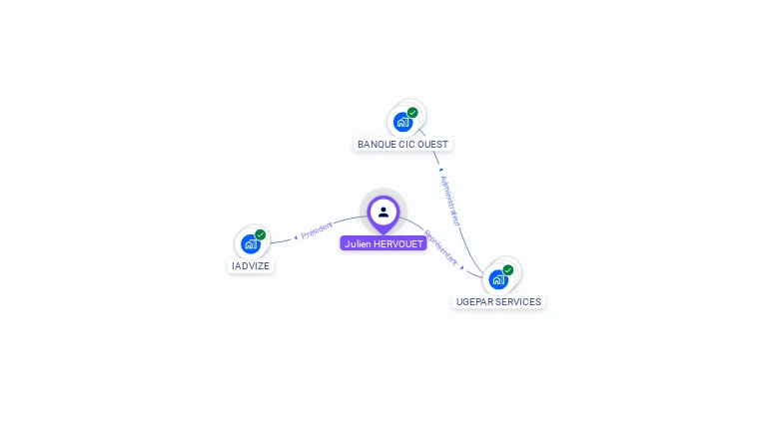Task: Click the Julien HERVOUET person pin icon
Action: pyautogui.click(x=383, y=212)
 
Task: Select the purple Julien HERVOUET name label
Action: pyautogui.click(x=383, y=243)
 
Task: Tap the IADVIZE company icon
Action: pyautogui.click(x=250, y=242)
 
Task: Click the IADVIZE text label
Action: pyautogui.click(x=251, y=266)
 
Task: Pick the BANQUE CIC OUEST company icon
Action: pyautogui.click(x=402, y=121)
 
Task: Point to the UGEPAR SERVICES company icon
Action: pyautogui.click(x=497, y=278)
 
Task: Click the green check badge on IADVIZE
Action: pyautogui.click(x=261, y=234)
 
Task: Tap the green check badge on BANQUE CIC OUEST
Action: pyautogui.click(x=412, y=113)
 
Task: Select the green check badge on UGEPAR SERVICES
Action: pyautogui.click(x=508, y=270)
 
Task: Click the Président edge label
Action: pyautogui.click(x=317, y=229)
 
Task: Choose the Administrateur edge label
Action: pyautogui.click(x=451, y=200)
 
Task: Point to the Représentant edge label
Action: pyautogui.click(x=440, y=247)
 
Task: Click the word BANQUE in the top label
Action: pyautogui.click(x=376, y=145)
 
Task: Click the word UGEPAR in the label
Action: pyautogui.click(x=475, y=302)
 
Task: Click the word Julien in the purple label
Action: pyautogui.click(x=357, y=243)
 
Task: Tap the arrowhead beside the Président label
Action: pyautogui.click(x=296, y=236)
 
